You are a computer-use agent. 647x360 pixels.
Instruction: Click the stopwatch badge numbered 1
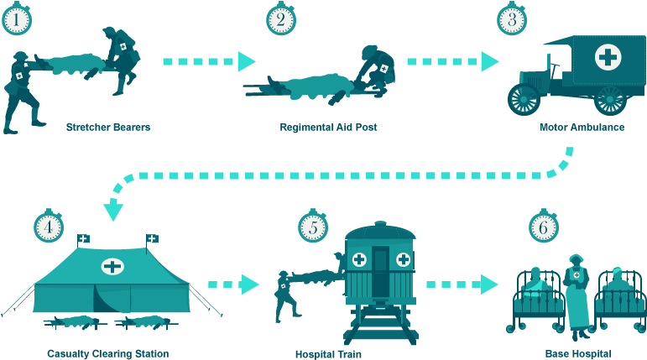pyautogui.click(x=16, y=19)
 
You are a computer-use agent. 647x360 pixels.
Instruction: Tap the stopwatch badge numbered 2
pyautogui.click(x=281, y=19)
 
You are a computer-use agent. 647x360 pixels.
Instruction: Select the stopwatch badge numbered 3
pyautogui.click(x=512, y=19)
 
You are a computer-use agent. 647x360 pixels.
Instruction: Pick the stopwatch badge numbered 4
pyautogui.click(x=49, y=227)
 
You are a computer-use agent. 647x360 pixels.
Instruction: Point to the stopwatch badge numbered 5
pyautogui.click(x=312, y=227)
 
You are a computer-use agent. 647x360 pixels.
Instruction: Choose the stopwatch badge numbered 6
pyautogui.click(x=543, y=227)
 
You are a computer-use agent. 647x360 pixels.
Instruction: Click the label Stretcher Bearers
pyautogui.click(x=108, y=128)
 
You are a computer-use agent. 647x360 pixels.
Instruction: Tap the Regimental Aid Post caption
pyautogui.click(x=328, y=128)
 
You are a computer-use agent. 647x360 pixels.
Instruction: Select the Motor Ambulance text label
pyautogui.click(x=582, y=128)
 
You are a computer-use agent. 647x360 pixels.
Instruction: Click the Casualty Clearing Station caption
pyautogui.click(x=108, y=353)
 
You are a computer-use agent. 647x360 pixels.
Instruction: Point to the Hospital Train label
pyautogui.click(x=328, y=353)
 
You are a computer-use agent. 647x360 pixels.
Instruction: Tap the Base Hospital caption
pyautogui.click(x=577, y=353)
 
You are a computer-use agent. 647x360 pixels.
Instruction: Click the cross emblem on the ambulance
pyautogui.click(x=608, y=57)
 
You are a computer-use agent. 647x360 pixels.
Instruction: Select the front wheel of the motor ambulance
pyautogui.click(x=524, y=98)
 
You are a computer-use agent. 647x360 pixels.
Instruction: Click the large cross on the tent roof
pyautogui.click(x=112, y=267)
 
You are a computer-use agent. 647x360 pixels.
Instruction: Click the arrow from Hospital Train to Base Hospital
pyautogui.click(x=462, y=284)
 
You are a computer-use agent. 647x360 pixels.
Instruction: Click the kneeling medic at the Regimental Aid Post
pyautogui.click(x=373, y=71)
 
